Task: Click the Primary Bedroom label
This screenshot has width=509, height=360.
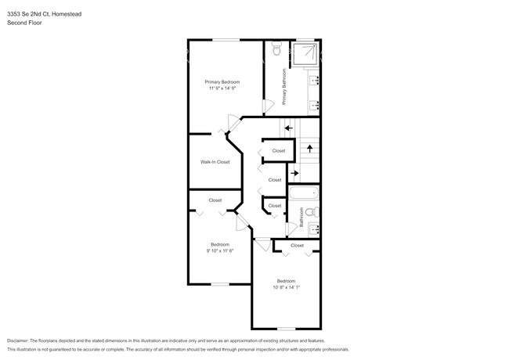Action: (x=222, y=82)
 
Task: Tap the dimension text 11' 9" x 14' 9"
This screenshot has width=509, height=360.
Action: (x=222, y=89)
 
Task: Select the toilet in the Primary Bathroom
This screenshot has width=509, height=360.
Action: (x=275, y=50)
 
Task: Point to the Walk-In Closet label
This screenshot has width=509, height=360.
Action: (x=215, y=162)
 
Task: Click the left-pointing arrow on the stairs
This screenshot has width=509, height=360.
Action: (x=288, y=128)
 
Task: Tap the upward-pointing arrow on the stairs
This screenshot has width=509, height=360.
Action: (x=309, y=147)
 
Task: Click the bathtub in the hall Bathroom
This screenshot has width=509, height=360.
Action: (x=304, y=194)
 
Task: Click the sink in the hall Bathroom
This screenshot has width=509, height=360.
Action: (x=314, y=229)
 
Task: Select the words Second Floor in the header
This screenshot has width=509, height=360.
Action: (x=24, y=23)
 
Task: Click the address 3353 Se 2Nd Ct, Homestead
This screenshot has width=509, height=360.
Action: (x=51, y=13)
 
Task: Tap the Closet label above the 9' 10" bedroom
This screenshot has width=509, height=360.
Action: (x=215, y=201)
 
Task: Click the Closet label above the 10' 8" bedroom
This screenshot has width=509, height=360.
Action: (x=297, y=246)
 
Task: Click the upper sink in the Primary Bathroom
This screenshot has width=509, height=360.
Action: (x=314, y=79)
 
